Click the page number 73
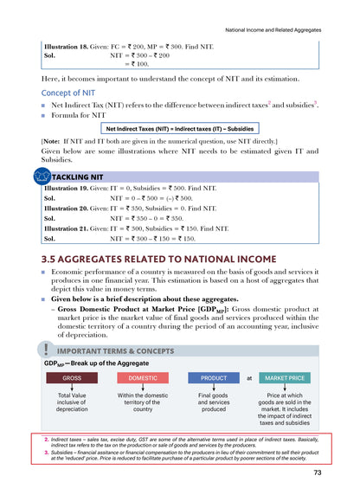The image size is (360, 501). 318,472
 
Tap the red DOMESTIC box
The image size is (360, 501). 143,378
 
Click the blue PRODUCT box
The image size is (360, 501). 214,378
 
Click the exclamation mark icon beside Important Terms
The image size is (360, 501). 44,349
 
